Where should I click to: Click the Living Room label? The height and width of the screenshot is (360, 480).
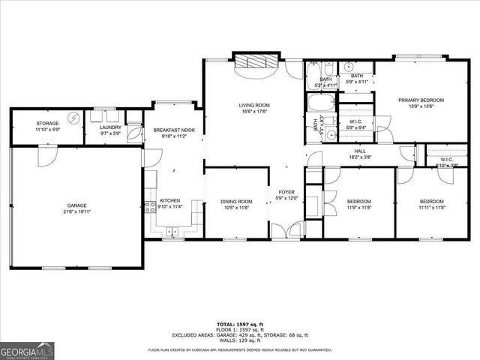[x=254, y=105]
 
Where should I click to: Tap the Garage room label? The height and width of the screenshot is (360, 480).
[x=76, y=205]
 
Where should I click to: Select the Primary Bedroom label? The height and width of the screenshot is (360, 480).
[x=421, y=100]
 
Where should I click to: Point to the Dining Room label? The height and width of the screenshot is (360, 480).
[x=235, y=201]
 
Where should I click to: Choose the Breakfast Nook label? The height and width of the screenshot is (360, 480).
[x=173, y=130]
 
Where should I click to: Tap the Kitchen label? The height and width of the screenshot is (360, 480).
[x=169, y=200]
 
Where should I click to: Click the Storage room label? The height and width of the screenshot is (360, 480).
[x=47, y=123]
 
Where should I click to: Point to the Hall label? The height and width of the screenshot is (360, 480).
[x=359, y=151]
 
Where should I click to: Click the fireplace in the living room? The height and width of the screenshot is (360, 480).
[x=255, y=63]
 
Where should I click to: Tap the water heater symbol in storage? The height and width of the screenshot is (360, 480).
[x=73, y=118]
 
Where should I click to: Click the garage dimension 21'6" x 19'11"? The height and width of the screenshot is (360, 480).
[x=76, y=211]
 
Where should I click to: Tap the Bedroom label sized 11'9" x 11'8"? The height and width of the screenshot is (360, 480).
[x=358, y=205]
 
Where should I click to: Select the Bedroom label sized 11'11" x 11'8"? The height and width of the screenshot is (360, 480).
[x=431, y=205]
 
